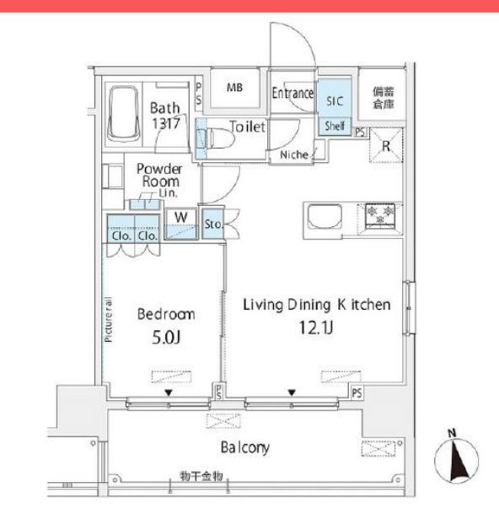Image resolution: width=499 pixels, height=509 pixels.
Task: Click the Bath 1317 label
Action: point(165,115)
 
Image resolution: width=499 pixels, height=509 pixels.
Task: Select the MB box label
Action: point(235,87)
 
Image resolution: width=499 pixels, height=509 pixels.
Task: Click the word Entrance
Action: point(292,94)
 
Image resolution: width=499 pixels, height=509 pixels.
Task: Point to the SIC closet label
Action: point(335,99)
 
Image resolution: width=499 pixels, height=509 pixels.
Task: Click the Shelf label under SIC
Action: point(335,126)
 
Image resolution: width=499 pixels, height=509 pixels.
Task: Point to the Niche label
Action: point(290,154)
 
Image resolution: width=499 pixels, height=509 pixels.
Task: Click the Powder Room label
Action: point(159,174)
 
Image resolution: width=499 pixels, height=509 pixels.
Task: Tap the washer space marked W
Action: point(181,218)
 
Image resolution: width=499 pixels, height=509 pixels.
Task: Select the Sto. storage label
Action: point(212,225)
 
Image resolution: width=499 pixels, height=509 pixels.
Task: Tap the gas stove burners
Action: point(384,214)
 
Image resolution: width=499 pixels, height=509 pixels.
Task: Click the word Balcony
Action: point(245,447)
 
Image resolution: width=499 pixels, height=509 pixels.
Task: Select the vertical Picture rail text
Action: point(109,321)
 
